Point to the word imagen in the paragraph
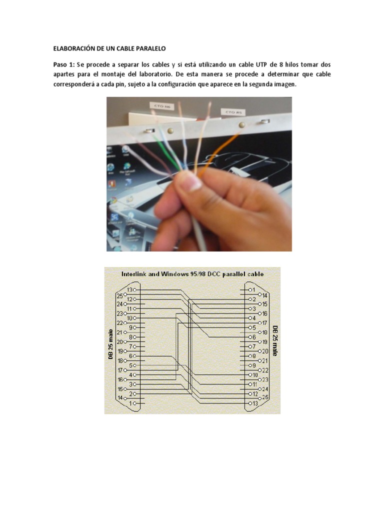coord(284,84)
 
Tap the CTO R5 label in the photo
coord(230,112)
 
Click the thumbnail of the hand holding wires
coord(198,173)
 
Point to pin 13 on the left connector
coord(131,289)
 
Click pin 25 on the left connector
coord(119,295)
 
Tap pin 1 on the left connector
coord(131,403)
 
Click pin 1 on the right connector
coord(253,289)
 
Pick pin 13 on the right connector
coord(254,403)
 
